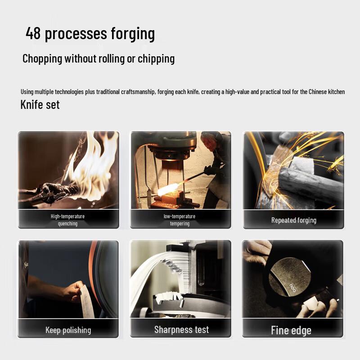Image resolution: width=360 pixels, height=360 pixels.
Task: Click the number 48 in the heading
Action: pyautogui.click(x=33, y=33)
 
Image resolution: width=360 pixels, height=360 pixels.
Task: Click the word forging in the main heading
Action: pyautogui.click(x=133, y=35)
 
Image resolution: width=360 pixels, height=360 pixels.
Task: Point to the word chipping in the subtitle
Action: pyautogui.click(x=156, y=59)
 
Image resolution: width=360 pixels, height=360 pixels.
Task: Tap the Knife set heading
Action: pyautogui.click(x=40, y=105)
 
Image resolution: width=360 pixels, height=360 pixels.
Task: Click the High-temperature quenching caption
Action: pyautogui.click(x=68, y=220)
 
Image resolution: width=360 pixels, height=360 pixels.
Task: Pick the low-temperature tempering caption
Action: pyautogui.click(x=180, y=220)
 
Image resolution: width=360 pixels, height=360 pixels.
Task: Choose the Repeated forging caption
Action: pyautogui.click(x=294, y=220)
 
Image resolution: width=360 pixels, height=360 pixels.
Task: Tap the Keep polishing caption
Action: pyautogui.click(x=68, y=330)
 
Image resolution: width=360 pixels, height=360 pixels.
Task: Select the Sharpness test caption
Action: pyautogui.click(x=182, y=330)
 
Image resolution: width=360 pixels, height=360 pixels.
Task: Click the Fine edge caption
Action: pyautogui.click(x=291, y=331)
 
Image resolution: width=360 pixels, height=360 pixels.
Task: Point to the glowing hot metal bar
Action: pyautogui.click(x=169, y=189)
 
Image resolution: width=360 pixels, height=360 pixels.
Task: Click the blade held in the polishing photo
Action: pyautogui.click(x=87, y=301)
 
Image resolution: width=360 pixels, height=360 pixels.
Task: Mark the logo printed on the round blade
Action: pyautogui.click(x=292, y=288)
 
